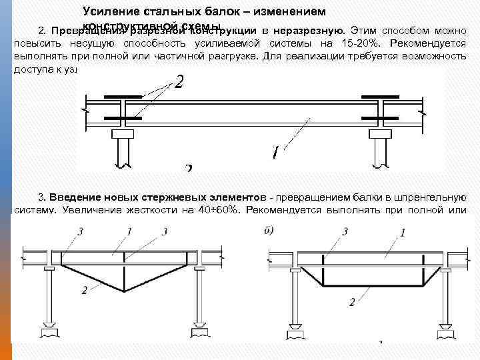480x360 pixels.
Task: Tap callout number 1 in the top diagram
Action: pyautogui.click(x=274, y=152)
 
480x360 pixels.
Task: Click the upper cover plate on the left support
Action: pyautogui.click(x=123, y=97)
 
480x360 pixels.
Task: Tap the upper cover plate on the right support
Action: pyautogui.click(x=379, y=97)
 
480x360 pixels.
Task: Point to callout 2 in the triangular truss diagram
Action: pyautogui.click(x=84, y=290)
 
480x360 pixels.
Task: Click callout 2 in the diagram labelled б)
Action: pyautogui.click(x=351, y=302)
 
